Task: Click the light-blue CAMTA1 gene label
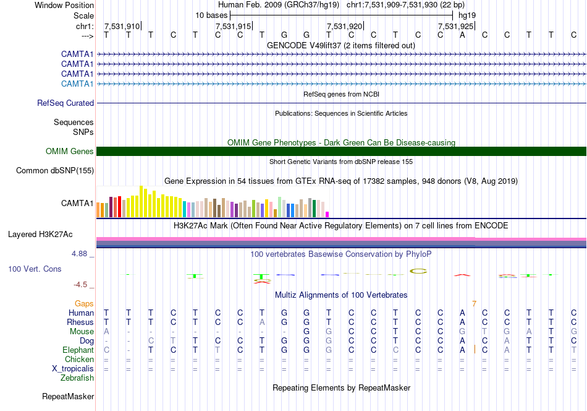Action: pyautogui.click(x=77, y=84)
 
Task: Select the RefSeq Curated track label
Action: pyautogui.click(x=65, y=103)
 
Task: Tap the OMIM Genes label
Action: pyautogui.click(x=70, y=152)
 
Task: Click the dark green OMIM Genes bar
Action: pyautogui.click(x=341, y=151)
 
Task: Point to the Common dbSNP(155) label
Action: pyautogui.click(x=55, y=171)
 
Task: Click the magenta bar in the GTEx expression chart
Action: pyautogui.click(x=327, y=215)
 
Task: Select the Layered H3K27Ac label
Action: pyautogui.click(x=40, y=235)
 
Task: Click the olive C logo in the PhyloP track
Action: pyautogui.click(x=418, y=271)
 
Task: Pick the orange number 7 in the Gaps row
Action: pyautogui.click(x=475, y=304)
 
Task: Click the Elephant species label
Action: pyautogui.click(x=78, y=350)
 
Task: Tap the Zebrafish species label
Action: pyautogui.click(x=77, y=378)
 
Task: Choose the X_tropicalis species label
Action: pyautogui.click(x=73, y=369)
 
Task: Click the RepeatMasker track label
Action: pyautogui.click(x=68, y=397)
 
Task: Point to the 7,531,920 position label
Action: pyautogui.click(x=344, y=26)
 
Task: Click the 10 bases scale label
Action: pyautogui.click(x=211, y=15)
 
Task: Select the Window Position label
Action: pyautogui.click(x=64, y=5)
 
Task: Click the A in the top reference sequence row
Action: pyautogui.click(x=462, y=35)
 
